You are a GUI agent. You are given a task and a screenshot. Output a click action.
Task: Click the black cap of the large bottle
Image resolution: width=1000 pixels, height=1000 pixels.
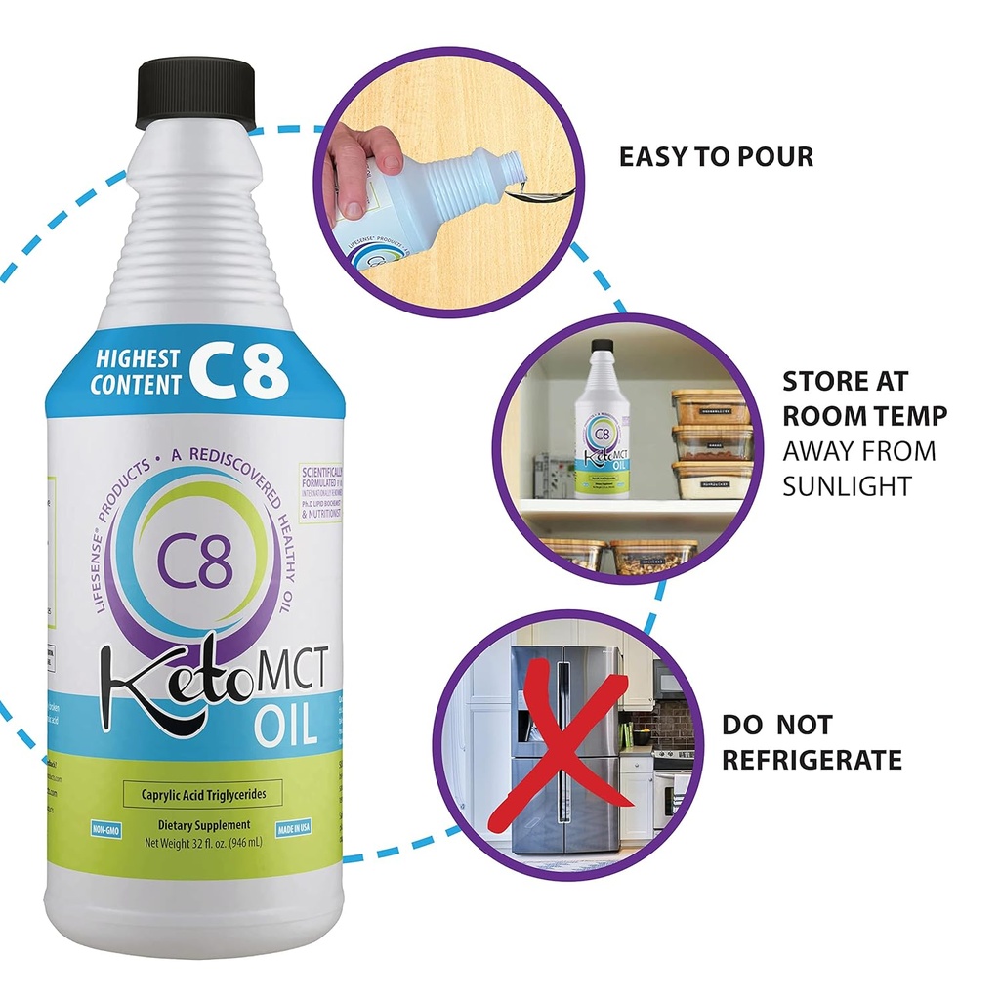tap(195, 93)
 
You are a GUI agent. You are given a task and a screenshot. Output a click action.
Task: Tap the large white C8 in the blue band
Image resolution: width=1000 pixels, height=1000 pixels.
tap(238, 370)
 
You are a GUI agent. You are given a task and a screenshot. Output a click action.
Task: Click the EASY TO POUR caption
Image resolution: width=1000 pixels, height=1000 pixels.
tap(716, 156)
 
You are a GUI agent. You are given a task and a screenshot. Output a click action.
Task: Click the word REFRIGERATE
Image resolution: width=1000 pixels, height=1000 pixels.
tap(812, 760)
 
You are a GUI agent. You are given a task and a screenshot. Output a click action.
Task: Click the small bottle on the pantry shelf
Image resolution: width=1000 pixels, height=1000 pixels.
tap(601, 420)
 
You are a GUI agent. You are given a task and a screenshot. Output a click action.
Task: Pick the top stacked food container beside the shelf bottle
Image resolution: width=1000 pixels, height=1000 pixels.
tap(710, 406)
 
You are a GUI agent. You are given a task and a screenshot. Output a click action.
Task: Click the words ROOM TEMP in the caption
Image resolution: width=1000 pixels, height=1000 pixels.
tap(864, 415)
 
